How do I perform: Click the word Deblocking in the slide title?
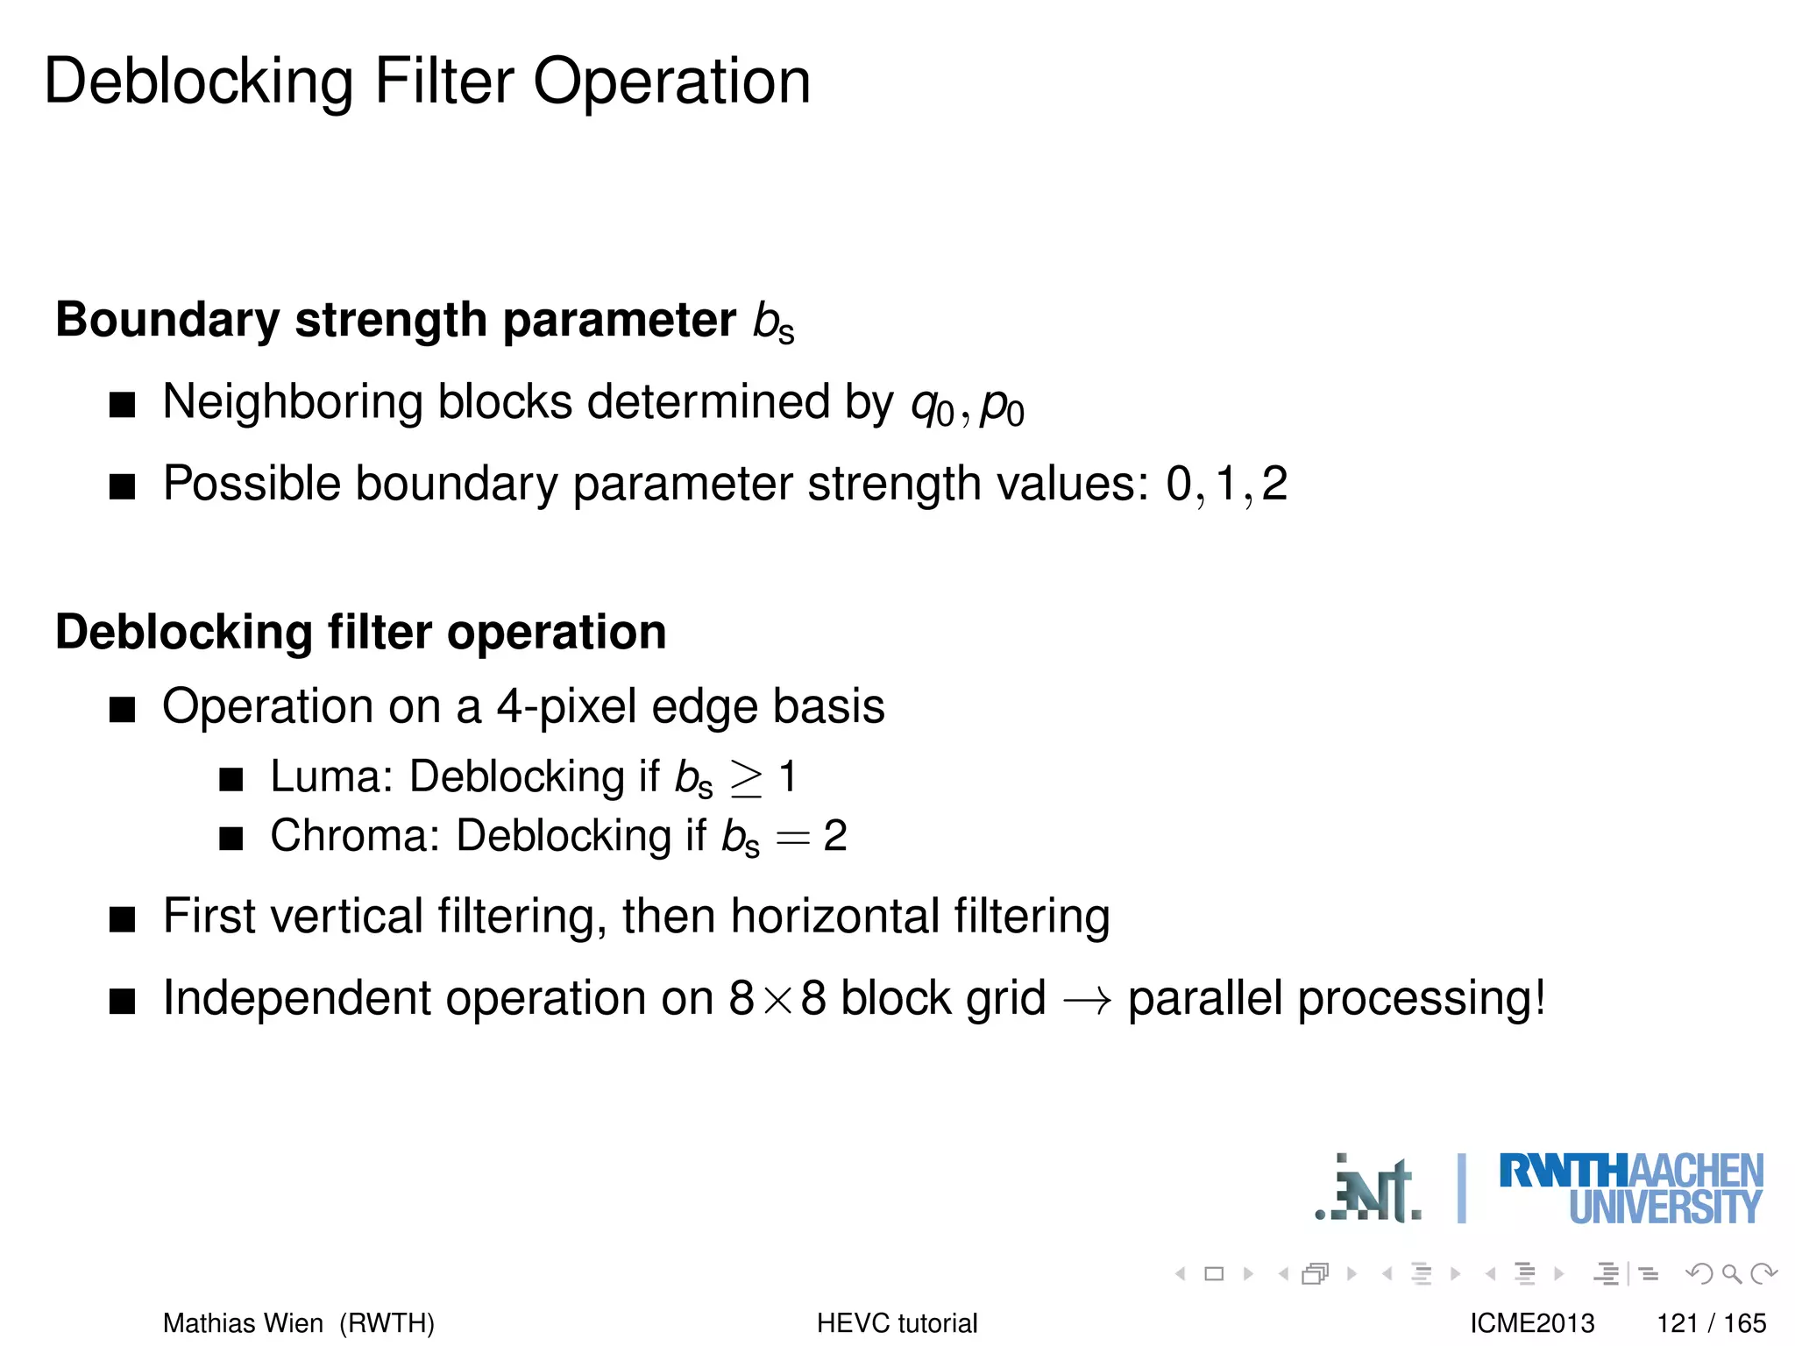click(x=199, y=81)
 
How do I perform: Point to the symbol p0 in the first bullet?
click(x=1002, y=407)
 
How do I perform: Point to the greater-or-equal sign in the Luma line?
click(x=746, y=778)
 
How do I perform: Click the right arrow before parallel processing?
click(x=1087, y=1000)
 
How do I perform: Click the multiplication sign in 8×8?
click(x=777, y=1000)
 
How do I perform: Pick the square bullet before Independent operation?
click(x=123, y=1000)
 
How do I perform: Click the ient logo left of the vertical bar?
click(x=1370, y=1191)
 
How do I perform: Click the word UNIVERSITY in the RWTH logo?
click(x=1664, y=1208)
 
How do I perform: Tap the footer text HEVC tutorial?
click(x=897, y=1322)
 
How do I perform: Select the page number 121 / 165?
click(x=1711, y=1322)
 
